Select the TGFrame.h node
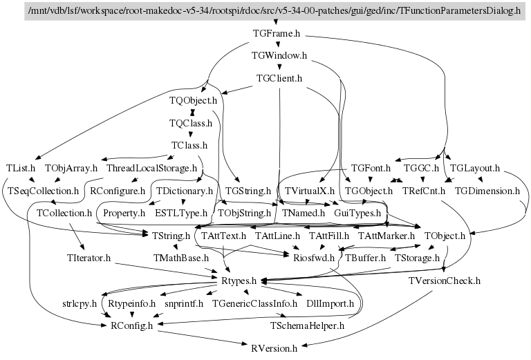[x=276, y=33]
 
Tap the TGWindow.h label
[x=280, y=55]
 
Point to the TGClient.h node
[x=279, y=78]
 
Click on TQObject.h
[x=193, y=101]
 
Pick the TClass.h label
[x=189, y=146]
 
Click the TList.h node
[x=21, y=168]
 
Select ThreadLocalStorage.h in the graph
[x=152, y=168]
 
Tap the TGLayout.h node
[x=474, y=168]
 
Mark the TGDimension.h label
[x=487, y=190]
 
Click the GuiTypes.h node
[x=357, y=213]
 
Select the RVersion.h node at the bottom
[x=274, y=348]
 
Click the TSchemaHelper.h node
[x=306, y=325]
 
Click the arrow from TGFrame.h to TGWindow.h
[x=277, y=44]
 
